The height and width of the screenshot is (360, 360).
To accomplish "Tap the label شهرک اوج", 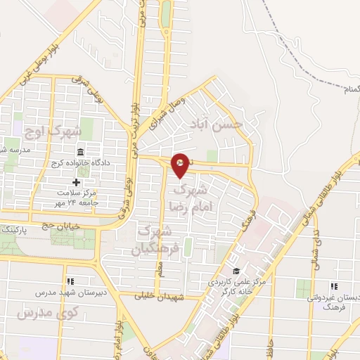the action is [x=53, y=131].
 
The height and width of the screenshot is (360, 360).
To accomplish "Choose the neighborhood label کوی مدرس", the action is [x=39, y=311].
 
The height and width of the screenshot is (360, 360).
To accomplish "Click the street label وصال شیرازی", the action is [x=167, y=115].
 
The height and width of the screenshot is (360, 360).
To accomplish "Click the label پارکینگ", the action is [x=15, y=230].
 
